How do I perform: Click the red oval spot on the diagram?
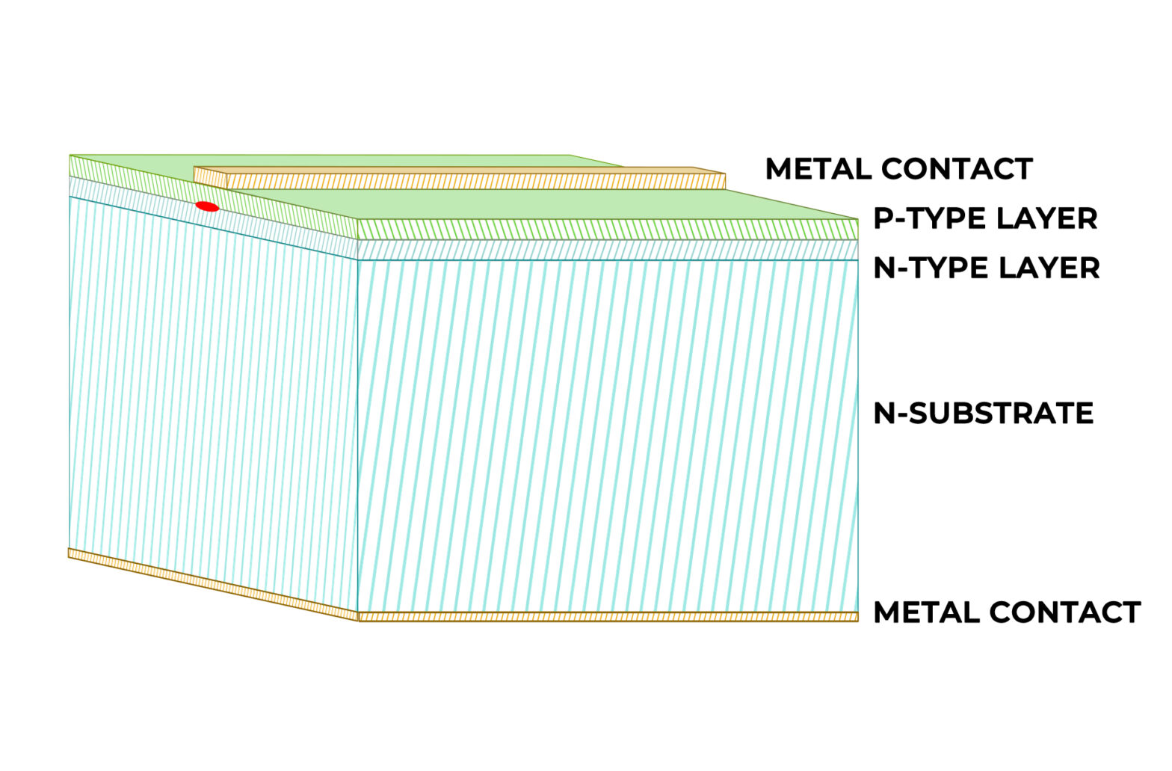(x=207, y=206)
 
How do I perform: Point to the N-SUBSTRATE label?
(x=983, y=413)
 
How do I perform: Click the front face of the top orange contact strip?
(x=475, y=182)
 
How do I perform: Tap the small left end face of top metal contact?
(x=210, y=177)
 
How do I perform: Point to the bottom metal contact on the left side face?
(x=213, y=586)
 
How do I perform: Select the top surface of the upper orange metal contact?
(x=448, y=171)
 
